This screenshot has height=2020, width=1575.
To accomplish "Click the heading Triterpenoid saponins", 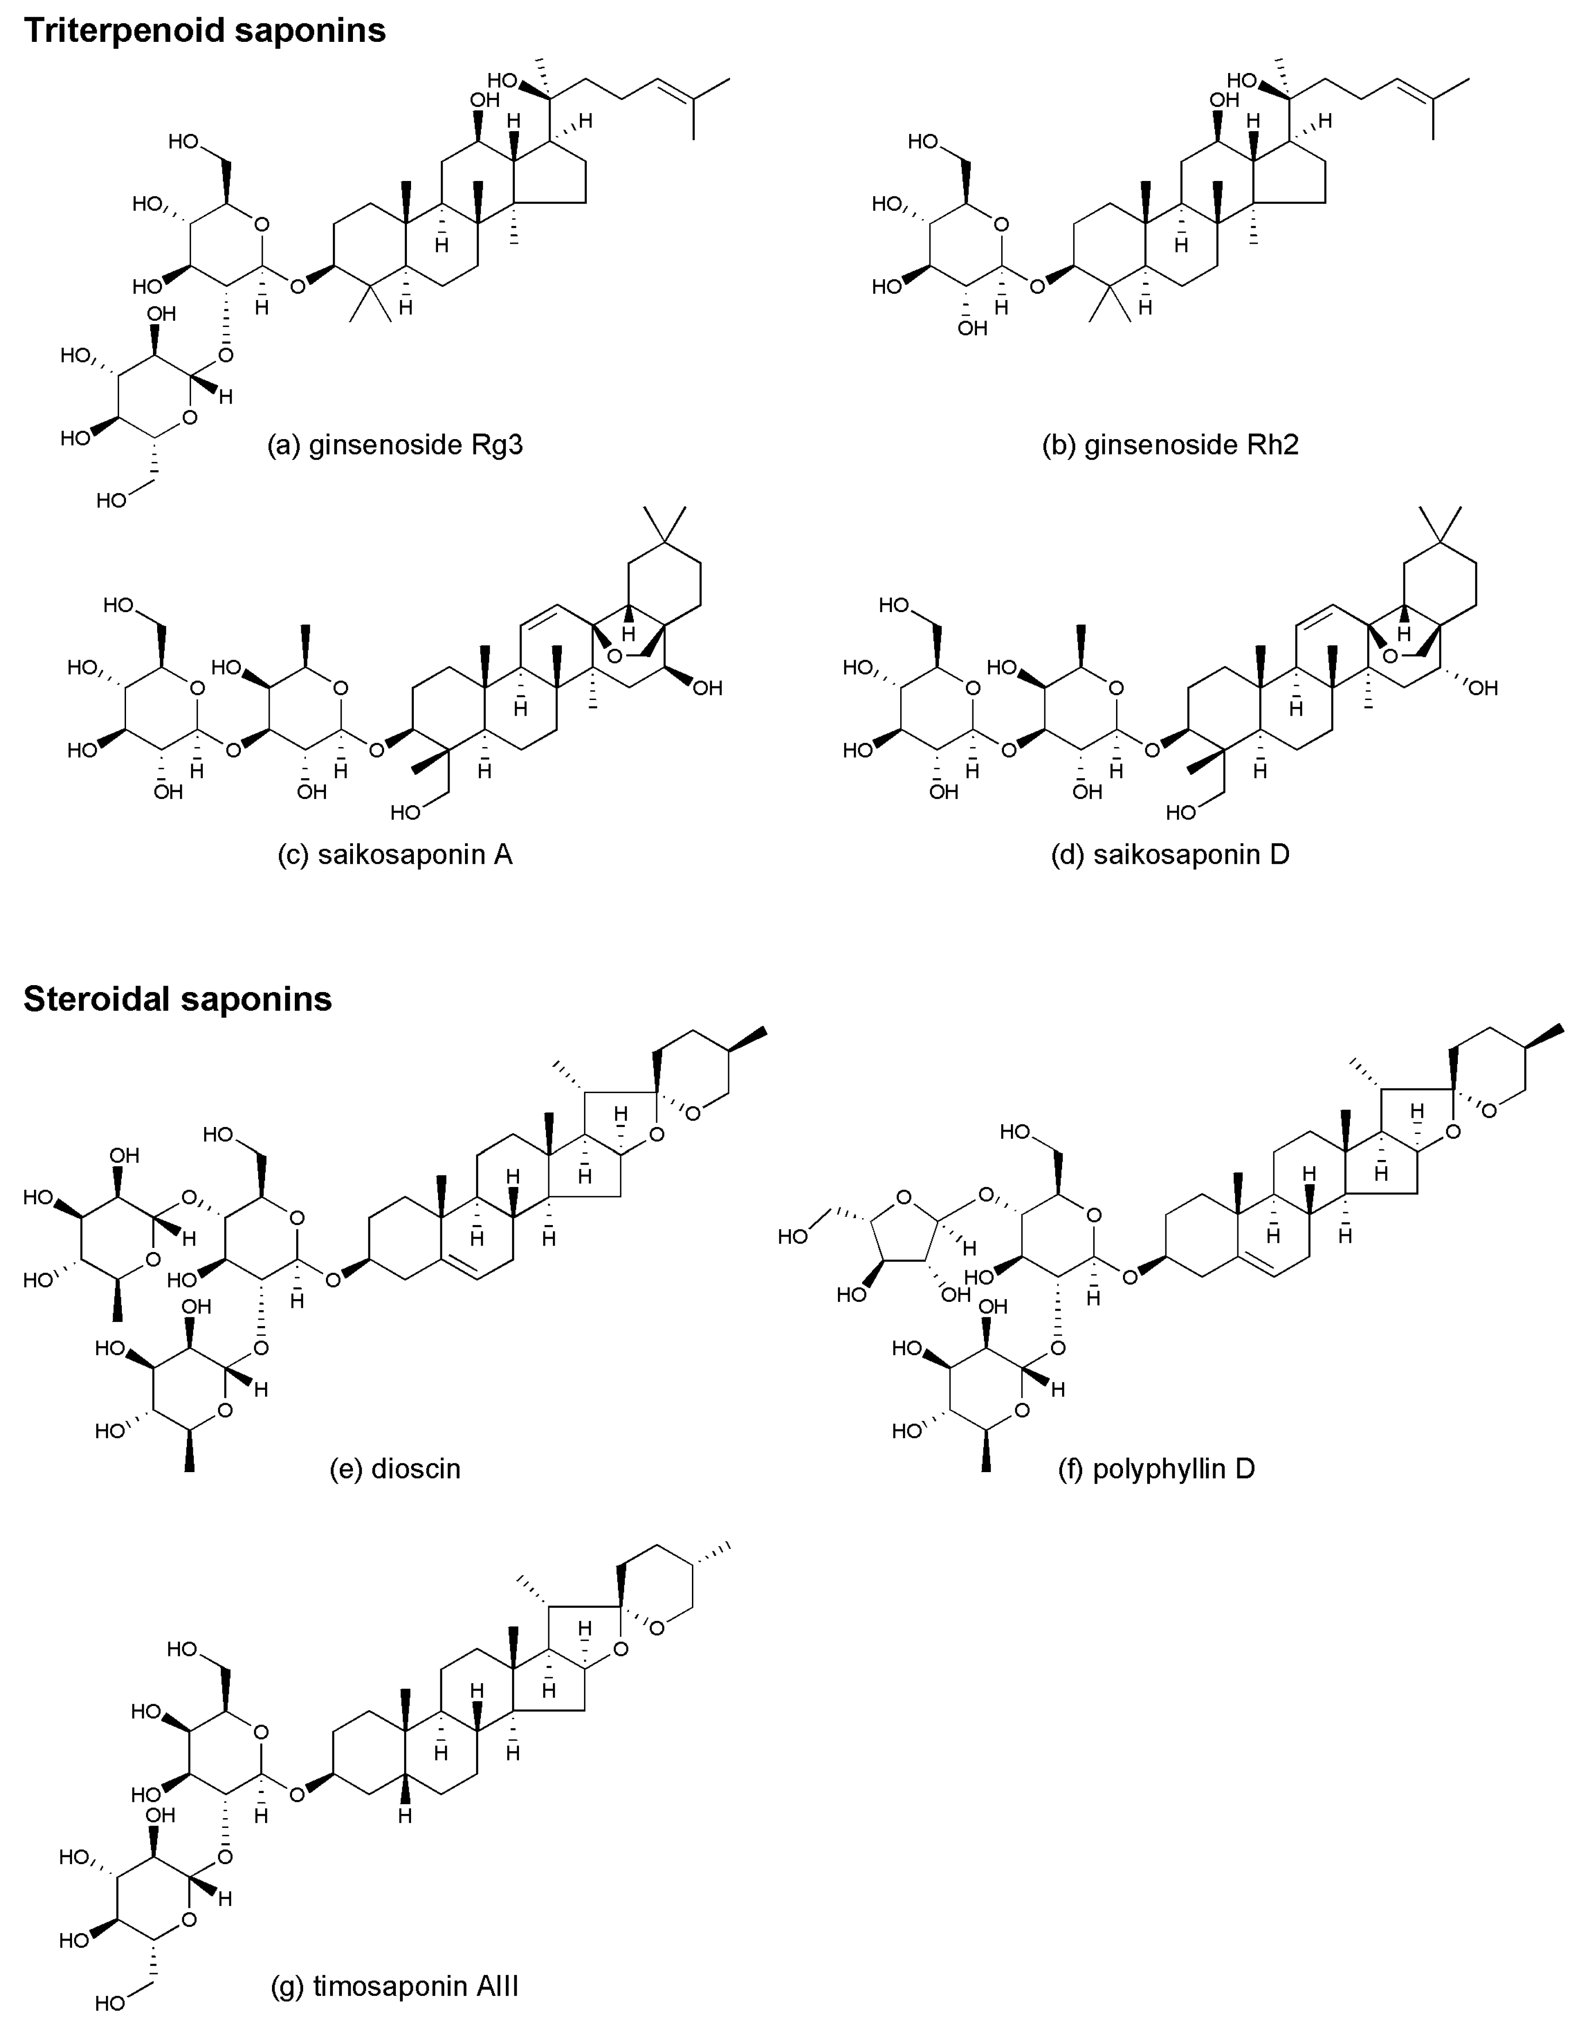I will coord(205,31).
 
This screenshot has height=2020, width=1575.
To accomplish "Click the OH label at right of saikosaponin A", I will coord(707,688).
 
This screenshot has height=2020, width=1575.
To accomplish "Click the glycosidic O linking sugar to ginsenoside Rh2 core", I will coord(1037,286).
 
